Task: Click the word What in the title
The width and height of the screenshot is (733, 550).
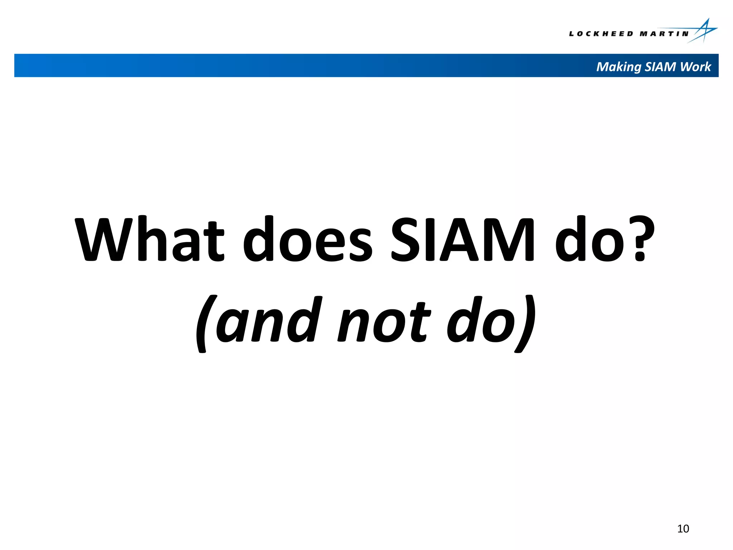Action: pyautogui.click(x=150, y=239)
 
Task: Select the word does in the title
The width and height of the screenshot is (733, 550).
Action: pyautogui.click(x=308, y=239)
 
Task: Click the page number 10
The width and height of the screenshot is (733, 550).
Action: pyautogui.click(x=683, y=529)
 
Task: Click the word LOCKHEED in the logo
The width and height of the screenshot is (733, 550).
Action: pyautogui.click(x=601, y=34)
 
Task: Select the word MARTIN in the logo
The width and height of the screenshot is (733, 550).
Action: pyautogui.click(x=664, y=34)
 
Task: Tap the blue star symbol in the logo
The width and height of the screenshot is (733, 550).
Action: pyautogui.click(x=704, y=31)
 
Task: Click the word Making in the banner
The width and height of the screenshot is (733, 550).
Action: pyautogui.click(x=618, y=67)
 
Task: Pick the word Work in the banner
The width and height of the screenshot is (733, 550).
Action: pyautogui.click(x=695, y=67)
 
